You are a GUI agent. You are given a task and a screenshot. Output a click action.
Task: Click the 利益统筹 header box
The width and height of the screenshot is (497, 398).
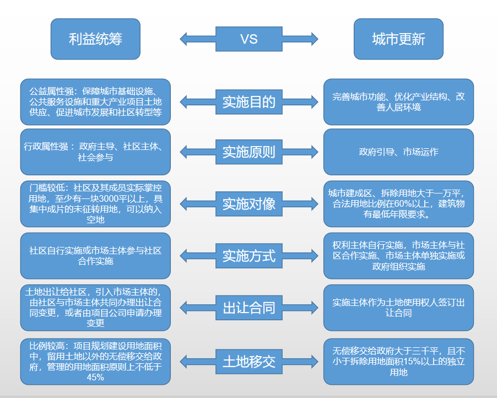click(x=95, y=39)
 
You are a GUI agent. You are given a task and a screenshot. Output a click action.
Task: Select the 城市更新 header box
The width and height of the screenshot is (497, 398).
click(x=398, y=39)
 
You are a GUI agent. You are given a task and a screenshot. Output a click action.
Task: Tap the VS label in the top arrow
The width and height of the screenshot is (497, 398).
click(x=249, y=39)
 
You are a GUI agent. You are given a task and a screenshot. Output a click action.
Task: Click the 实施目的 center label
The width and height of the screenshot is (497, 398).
click(x=249, y=102)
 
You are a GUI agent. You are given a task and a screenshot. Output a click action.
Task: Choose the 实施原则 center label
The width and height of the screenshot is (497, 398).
click(x=249, y=152)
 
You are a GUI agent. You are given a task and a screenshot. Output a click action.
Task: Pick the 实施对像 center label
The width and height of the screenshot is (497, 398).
click(x=249, y=204)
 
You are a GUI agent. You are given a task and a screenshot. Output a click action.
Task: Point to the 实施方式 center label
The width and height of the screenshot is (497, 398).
click(x=249, y=256)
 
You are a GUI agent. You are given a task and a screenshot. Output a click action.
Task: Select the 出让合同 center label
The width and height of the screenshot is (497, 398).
click(x=249, y=308)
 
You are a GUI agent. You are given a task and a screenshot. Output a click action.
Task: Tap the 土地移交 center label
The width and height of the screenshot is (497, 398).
click(x=249, y=362)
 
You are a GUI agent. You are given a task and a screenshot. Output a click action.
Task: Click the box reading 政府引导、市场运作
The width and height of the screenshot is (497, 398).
click(x=398, y=152)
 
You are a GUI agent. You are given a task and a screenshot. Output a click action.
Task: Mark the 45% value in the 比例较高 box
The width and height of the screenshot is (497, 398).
click(x=95, y=378)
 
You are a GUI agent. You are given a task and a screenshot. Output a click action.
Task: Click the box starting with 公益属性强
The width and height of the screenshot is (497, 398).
click(x=95, y=102)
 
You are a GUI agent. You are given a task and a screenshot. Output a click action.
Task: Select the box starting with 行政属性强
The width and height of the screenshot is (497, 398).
click(x=95, y=152)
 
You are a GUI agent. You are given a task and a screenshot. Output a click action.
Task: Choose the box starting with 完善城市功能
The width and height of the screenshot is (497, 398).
click(x=398, y=102)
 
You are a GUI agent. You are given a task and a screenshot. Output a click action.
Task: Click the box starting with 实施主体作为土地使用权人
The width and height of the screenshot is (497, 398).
click(x=398, y=308)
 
